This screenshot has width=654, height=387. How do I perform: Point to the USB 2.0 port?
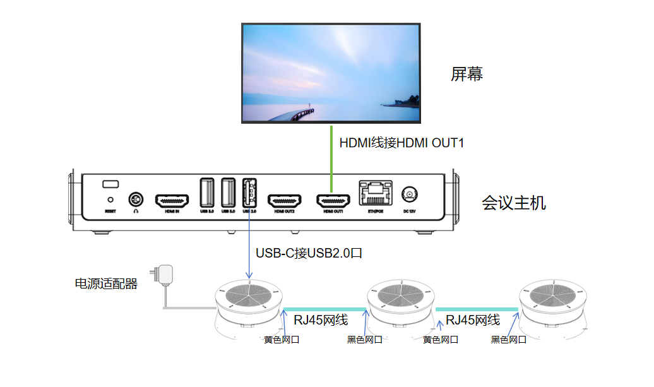(x=249, y=192)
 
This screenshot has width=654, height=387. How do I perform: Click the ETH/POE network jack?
(x=374, y=193)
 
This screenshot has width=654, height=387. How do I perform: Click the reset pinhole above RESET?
(x=110, y=199)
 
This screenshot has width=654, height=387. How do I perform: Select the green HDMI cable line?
(x=331, y=155)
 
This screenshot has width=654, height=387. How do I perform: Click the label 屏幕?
(x=467, y=74)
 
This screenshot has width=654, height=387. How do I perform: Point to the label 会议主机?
(x=514, y=203)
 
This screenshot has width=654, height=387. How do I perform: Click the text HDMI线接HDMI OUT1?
(x=401, y=143)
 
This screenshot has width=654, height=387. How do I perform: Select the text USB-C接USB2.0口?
(x=309, y=253)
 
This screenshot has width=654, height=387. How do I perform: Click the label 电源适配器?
(x=106, y=284)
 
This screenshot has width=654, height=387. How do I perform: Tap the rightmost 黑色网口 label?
(x=508, y=340)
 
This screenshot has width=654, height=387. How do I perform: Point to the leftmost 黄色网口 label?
(x=281, y=340)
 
